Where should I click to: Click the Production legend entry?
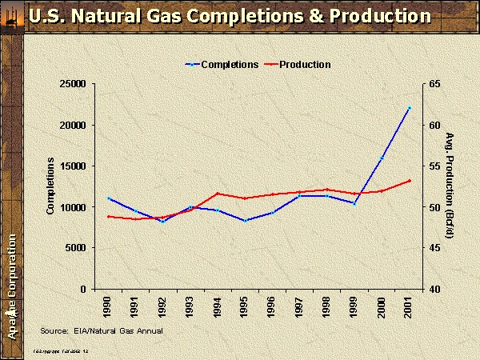305,65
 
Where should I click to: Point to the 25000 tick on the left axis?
74,83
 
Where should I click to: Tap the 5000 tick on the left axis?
78,248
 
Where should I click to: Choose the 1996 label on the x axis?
272,308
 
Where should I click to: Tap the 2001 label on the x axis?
409,308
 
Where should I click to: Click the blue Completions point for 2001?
409,108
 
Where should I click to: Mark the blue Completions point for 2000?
382,158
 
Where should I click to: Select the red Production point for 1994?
218,194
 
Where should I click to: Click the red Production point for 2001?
409,181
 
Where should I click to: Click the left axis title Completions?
50,186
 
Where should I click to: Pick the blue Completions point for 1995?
245,220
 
